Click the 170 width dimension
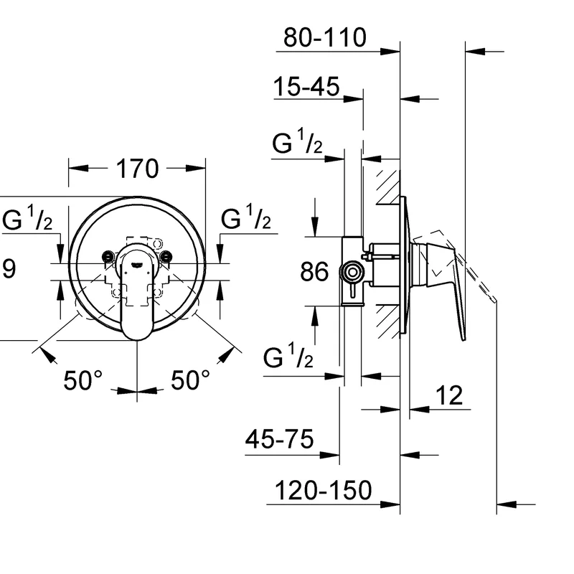click(137, 169)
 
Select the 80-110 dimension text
click(324, 37)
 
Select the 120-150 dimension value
click(324, 491)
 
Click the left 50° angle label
click(84, 380)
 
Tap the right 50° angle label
click(191, 380)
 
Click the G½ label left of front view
click(27, 220)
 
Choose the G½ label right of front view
click(246, 220)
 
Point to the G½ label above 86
click(297, 144)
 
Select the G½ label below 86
click(289, 357)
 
